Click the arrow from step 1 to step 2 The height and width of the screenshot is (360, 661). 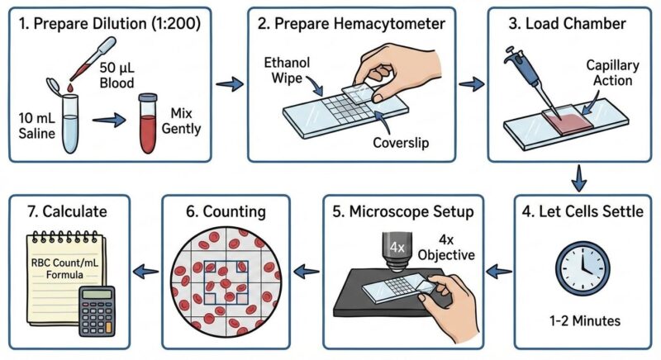click(229, 83)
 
